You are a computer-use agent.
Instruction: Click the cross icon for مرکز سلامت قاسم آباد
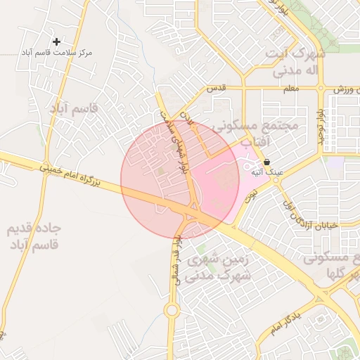point(57,41)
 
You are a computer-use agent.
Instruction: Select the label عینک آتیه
point(267,172)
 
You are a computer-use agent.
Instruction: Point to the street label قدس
point(214,89)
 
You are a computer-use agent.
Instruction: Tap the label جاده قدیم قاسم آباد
point(34,236)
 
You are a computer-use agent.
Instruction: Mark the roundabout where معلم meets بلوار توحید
point(321,89)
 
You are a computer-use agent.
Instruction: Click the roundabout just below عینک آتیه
point(276,180)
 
